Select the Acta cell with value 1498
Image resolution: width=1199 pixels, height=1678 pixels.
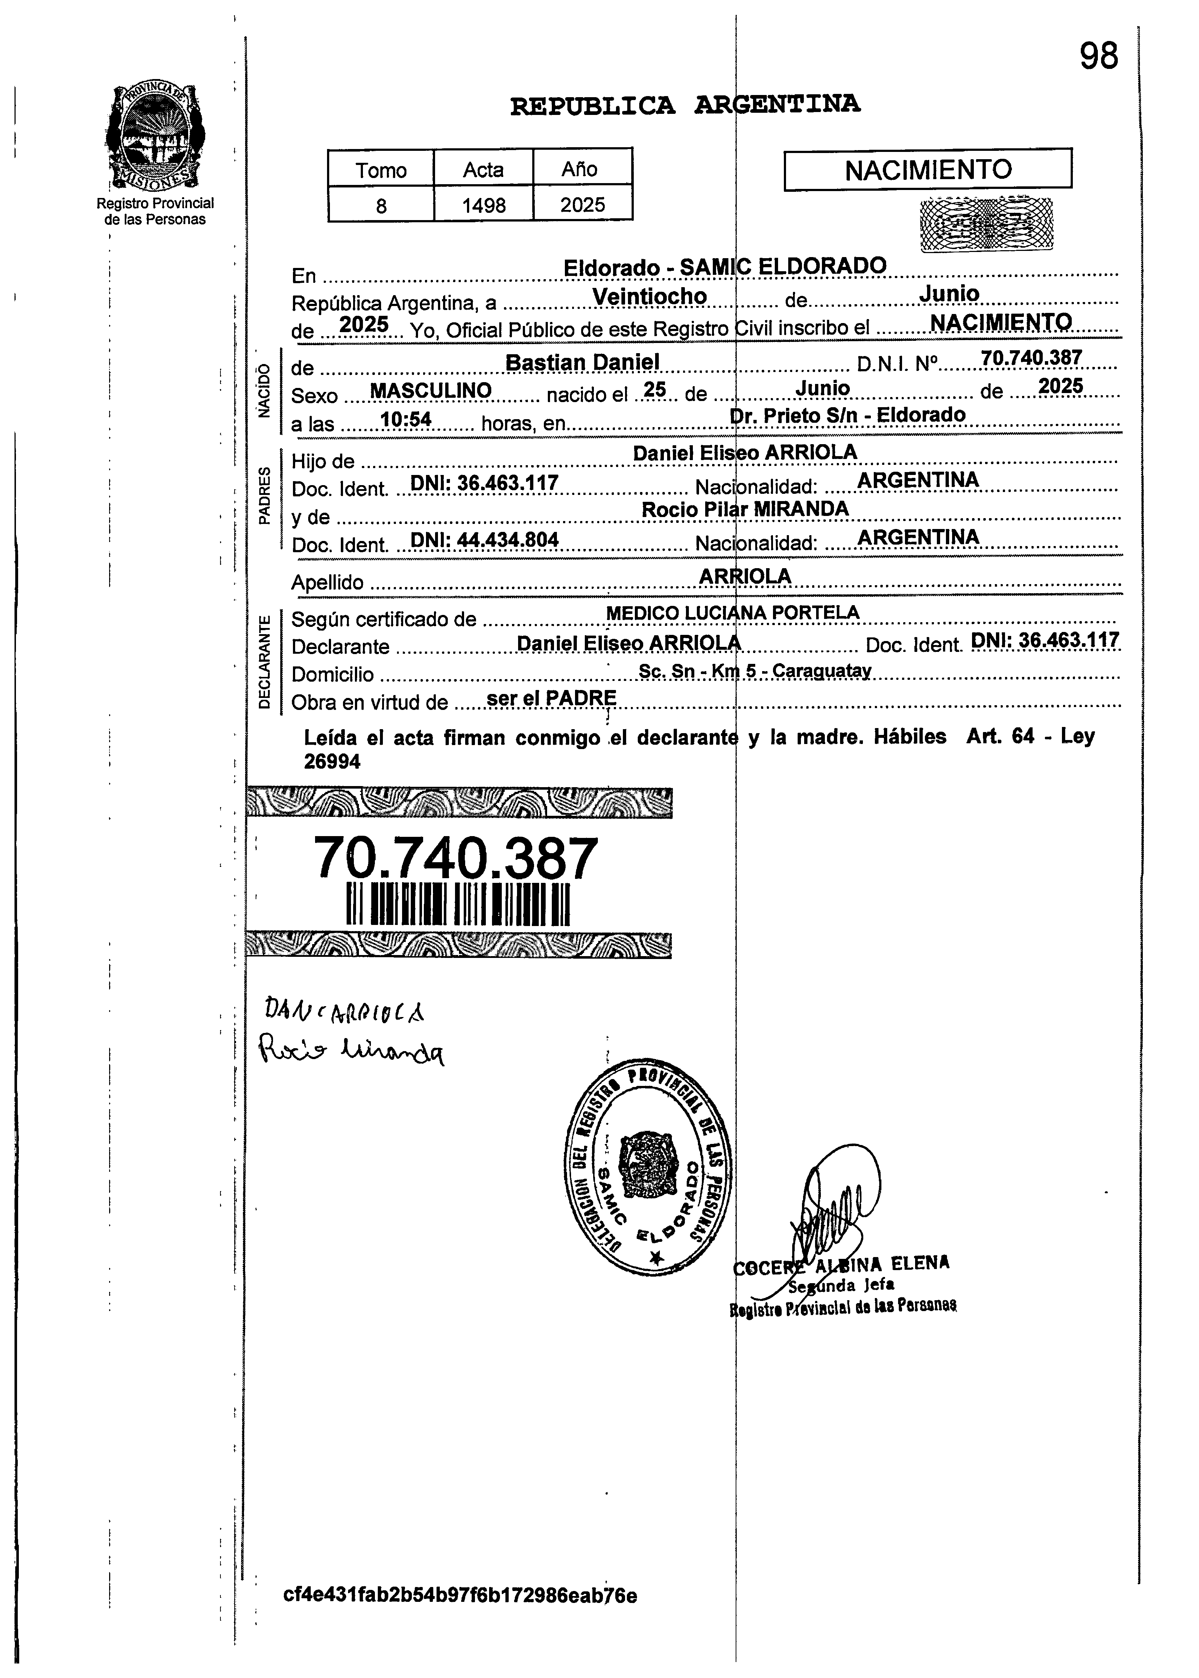coord(484,204)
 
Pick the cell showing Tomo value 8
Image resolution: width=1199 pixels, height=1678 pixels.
coord(381,204)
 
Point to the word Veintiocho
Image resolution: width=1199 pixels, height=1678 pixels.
coord(650,296)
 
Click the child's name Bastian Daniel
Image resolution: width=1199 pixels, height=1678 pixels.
coord(582,362)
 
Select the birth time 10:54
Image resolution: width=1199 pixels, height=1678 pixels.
coord(405,419)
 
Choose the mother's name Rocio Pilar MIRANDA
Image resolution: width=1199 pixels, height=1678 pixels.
coord(745,509)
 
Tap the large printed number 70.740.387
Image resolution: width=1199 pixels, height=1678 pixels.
coord(455,858)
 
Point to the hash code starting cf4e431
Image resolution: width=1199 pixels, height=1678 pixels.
coord(460,1595)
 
